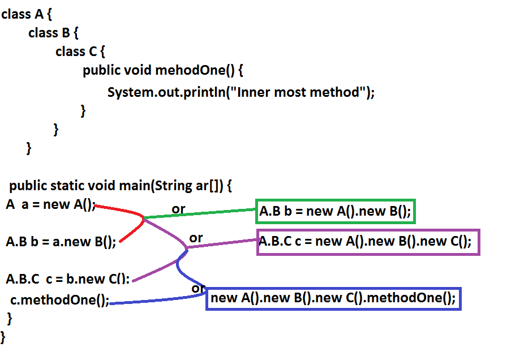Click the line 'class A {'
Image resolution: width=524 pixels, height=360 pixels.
click(x=26, y=14)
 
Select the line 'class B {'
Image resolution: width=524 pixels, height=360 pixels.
click(x=53, y=33)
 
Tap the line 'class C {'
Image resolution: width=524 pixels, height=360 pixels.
click(x=80, y=52)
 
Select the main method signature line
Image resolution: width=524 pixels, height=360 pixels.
click(x=121, y=186)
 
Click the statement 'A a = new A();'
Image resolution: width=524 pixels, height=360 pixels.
click(x=51, y=204)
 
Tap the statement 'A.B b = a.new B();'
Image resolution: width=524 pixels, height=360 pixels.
click(x=61, y=242)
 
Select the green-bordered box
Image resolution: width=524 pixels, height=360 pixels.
click(x=336, y=212)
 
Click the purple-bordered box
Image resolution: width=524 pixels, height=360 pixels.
click(x=368, y=242)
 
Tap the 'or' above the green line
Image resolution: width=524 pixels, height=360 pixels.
click(x=178, y=209)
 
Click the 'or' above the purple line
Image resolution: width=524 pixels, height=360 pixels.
click(x=196, y=238)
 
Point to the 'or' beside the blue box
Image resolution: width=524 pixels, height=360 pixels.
click(x=197, y=288)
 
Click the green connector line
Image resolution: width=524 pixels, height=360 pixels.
click(x=198, y=213)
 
